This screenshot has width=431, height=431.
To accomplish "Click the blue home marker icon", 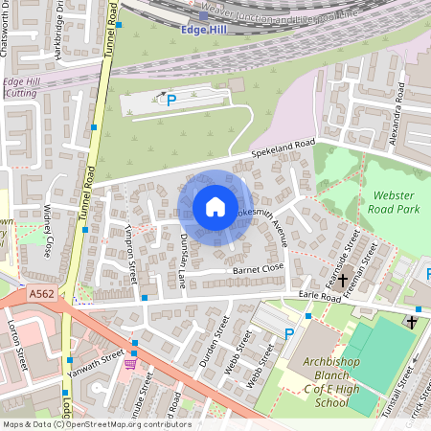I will [x=215, y=207].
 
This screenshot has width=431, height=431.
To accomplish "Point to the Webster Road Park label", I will [x=394, y=201].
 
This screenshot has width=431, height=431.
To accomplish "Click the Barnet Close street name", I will [x=259, y=270].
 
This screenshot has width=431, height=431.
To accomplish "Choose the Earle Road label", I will [x=320, y=297].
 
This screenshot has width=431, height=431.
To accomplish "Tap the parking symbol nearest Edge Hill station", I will [x=171, y=100].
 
